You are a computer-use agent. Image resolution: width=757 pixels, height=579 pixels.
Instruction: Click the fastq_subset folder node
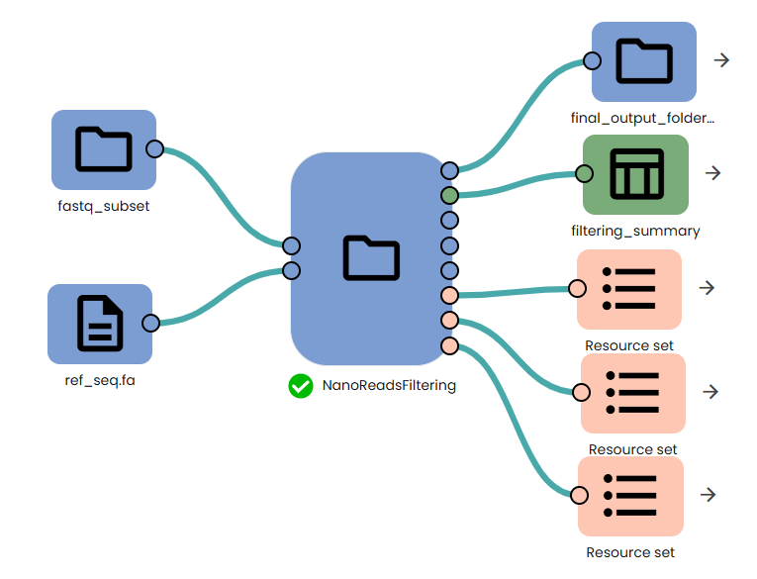pyautogui.click(x=104, y=149)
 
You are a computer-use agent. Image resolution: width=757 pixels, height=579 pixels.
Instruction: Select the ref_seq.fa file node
pyautogui.click(x=100, y=324)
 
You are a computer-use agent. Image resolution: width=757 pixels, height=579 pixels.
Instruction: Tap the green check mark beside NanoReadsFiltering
pyautogui.click(x=301, y=386)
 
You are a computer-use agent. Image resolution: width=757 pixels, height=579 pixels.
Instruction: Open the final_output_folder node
pyautogui.click(x=644, y=62)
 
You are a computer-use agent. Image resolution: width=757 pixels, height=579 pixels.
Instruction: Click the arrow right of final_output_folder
pyautogui.click(x=721, y=60)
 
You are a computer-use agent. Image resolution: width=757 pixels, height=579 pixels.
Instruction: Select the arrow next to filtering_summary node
pyautogui.click(x=712, y=173)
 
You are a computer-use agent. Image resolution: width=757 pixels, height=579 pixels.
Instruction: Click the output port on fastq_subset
pyautogui.click(x=154, y=149)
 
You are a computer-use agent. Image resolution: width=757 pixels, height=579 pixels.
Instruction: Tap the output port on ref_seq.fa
pyautogui.click(x=150, y=323)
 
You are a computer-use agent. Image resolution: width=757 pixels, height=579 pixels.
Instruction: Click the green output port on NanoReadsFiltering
pyautogui.click(x=449, y=194)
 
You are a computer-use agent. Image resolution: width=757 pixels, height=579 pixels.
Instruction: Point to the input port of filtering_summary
pyautogui.click(x=584, y=174)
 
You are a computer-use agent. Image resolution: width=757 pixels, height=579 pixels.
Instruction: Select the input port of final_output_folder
pyautogui.click(x=592, y=61)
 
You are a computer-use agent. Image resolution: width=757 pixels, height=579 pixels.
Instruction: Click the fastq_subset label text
pyautogui.click(x=104, y=206)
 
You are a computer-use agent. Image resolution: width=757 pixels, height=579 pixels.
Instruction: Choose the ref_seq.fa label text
pyautogui.click(x=100, y=380)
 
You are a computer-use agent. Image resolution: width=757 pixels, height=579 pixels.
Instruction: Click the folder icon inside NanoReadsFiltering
pyautogui.click(x=371, y=258)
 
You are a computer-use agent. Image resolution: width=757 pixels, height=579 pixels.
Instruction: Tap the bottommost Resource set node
pyautogui.click(x=631, y=496)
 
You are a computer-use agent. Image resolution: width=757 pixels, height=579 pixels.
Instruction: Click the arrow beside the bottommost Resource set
pyautogui.click(x=708, y=495)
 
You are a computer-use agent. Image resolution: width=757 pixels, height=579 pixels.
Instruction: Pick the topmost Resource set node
pyautogui.click(x=629, y=289)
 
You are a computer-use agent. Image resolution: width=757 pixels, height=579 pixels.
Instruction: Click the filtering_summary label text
pyautogui.click(x=635, y=231)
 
